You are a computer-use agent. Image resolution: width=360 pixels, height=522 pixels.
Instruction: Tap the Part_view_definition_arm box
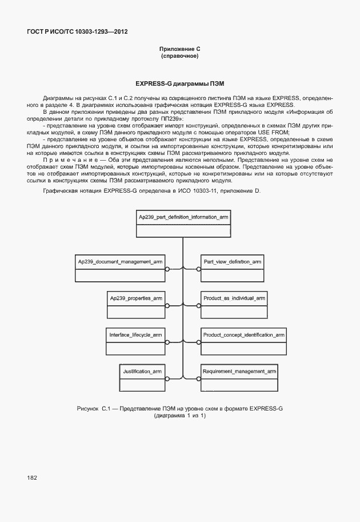pyautogui.click(x=232, y=268)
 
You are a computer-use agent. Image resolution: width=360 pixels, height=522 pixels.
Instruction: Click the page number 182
pyautogui.click(x=31, y=477)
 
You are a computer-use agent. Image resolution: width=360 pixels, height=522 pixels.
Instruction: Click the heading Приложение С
pyautogui.click(x=179, y=50)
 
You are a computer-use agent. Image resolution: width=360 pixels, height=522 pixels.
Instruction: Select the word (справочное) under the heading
pyautogui.click(x=179, y=57)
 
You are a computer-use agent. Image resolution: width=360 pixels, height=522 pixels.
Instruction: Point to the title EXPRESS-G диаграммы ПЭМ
pyautogui.click(x=179, y=83)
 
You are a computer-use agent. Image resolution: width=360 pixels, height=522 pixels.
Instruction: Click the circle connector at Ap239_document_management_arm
pyautogui.click(x=167, y=268)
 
